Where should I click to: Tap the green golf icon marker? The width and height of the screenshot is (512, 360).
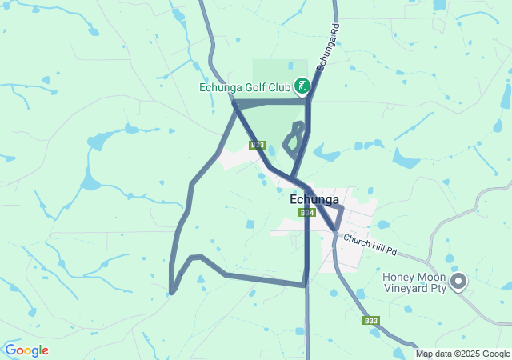coord(302,85)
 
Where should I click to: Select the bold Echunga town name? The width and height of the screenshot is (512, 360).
coord(314,199)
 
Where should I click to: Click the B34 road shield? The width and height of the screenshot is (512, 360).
coord(307,213)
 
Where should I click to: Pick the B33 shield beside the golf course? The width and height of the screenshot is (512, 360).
coord(257,145)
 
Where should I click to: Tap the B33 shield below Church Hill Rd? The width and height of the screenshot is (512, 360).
coord(370,320)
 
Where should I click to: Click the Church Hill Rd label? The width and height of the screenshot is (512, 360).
coord(370,244)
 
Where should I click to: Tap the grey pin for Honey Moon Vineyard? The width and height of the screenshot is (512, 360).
coord(458,281)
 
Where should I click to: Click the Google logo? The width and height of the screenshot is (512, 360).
coord(26,350)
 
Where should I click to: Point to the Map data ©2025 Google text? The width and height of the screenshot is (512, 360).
coord(462,354)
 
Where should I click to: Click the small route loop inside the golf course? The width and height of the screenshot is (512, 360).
coord(294,139)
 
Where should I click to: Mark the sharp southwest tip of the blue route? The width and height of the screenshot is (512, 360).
coord(172,293)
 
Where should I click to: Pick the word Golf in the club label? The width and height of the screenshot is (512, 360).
coord(252,87)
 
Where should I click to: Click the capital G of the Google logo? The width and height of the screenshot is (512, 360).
coord(11,350)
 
